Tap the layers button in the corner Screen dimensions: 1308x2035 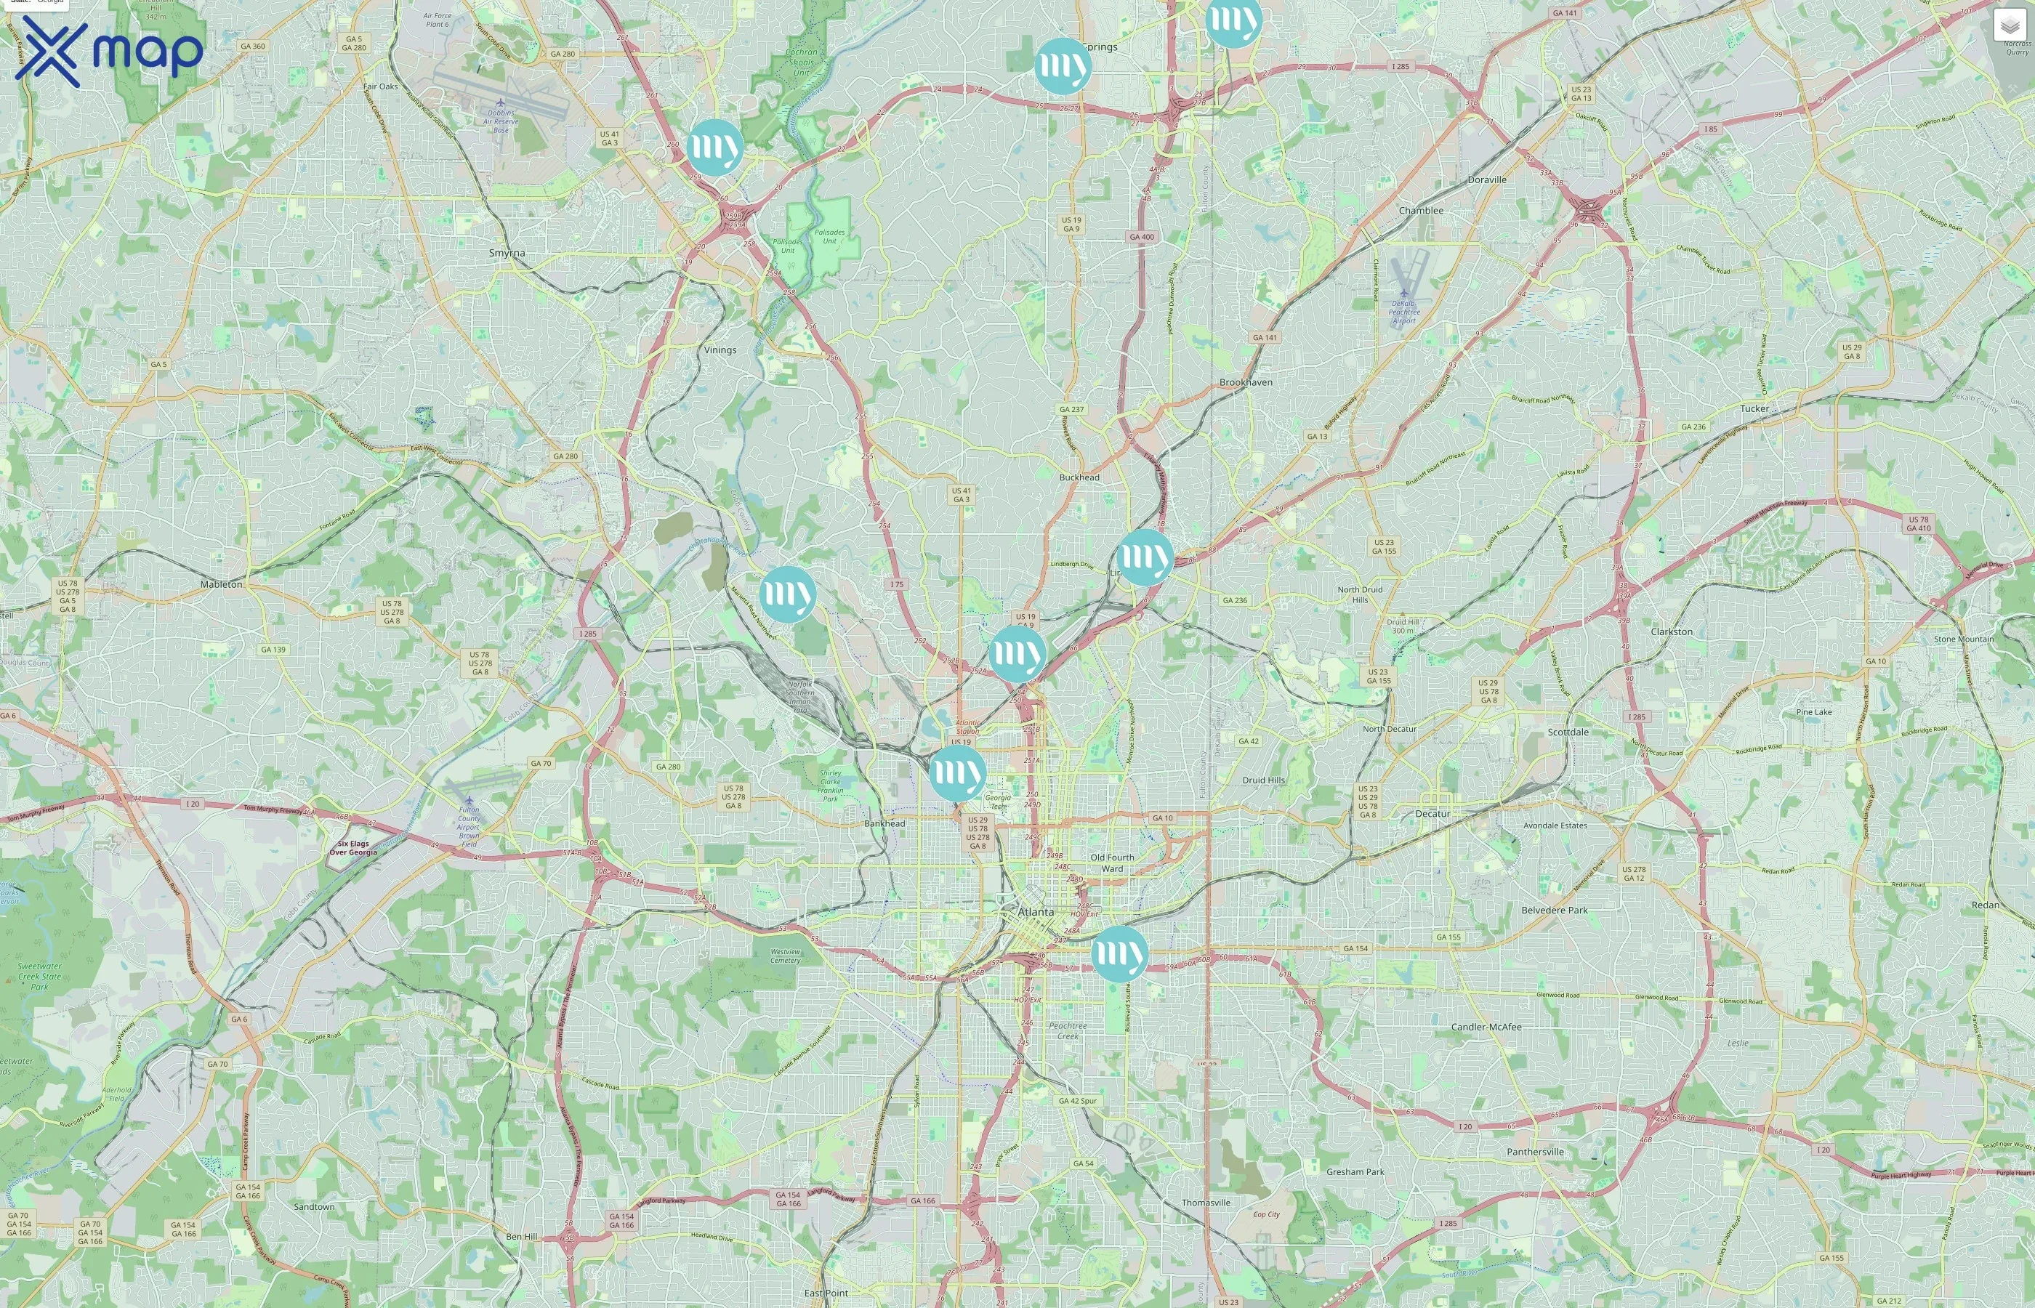(x=2010, y=25)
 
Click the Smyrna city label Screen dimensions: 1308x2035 (x=507, y=253)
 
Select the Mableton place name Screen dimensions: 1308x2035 (x=222, y=584)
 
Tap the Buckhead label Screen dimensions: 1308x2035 (x=1079, y=477)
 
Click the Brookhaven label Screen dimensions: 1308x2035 (x=1246, y=382)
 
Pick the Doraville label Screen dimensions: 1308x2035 (x=1487, y=180)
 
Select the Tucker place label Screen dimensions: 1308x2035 (x=1754, y=408)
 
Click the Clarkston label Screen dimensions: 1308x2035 (x=1672, y=632)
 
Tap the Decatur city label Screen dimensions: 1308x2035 (x=1432, y=814)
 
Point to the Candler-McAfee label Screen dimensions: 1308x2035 (x=1486, y=1027)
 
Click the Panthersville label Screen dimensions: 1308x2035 (x=1536, y=1152)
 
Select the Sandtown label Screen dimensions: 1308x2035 (x=314, y=1207)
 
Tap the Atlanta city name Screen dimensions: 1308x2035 (x=1036, y=911)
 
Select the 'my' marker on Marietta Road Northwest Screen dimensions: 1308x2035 (x=787, y=594)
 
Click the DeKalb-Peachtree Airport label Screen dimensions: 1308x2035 (x=1404, y=312)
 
